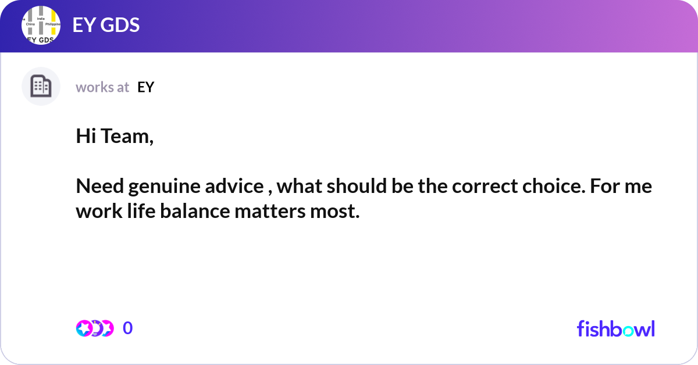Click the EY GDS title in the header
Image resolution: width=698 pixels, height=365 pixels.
tap(106, 26)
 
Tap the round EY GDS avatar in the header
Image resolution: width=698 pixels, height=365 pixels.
tap(41, 26)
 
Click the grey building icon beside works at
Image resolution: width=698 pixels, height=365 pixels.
tap(41, 87)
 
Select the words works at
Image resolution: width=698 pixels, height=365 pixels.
tap(102, 87)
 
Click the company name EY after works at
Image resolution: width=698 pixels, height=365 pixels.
tap(145, 87)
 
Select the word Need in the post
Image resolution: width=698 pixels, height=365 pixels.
tap(99, 187)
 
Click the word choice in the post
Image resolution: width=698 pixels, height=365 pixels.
tap(542, 187)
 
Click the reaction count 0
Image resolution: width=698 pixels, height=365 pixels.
tap(128, 328)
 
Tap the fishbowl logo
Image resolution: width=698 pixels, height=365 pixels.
tap(615, 328)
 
